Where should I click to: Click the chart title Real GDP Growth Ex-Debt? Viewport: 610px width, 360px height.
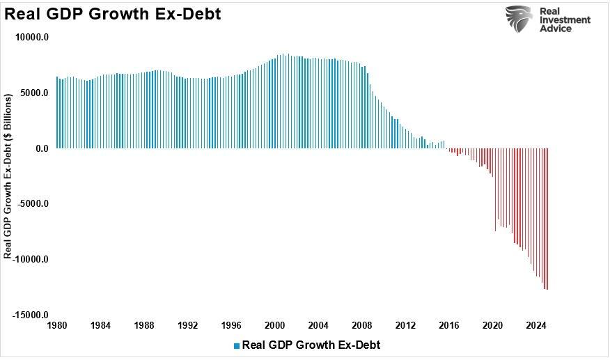pos(113,13)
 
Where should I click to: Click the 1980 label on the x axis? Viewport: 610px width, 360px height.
pos(56,325)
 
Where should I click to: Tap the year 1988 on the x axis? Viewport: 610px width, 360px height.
pos(144,325)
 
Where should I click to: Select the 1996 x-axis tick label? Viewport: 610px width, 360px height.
pos(231,325)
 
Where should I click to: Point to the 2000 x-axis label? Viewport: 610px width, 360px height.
pos(274,325)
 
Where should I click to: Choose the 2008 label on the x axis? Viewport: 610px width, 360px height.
pos(361,325)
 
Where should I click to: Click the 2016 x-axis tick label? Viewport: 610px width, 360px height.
pos(449,325)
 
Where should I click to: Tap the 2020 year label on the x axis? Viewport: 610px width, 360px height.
pos(492,325)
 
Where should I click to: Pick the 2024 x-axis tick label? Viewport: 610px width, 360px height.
pos(536,325)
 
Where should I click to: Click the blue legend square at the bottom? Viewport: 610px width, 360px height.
pos(237,345)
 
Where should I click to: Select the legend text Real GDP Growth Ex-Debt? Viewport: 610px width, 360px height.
pos(311,345)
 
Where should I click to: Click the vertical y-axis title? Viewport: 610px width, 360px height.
pos(8,177)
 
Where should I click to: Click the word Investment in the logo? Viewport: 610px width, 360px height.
pos(565,19)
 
